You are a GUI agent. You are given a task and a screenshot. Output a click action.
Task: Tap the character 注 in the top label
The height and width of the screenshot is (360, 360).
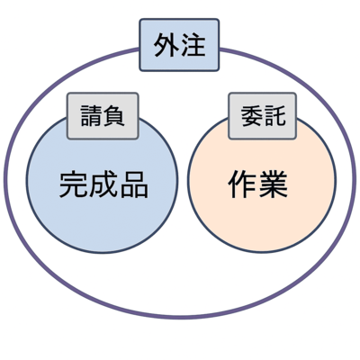click(193, 46)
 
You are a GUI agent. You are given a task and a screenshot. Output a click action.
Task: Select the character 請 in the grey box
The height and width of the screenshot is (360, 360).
click(92, 116)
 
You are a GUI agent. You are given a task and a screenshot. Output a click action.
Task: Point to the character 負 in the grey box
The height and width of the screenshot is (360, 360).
click(113, 116)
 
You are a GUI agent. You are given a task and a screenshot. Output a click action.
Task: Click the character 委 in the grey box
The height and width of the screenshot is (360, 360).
click(252, 116)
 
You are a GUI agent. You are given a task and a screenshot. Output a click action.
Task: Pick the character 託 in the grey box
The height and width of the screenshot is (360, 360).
click(274, 116)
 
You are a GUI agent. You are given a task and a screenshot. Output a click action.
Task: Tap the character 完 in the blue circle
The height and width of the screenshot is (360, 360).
click(74, 184)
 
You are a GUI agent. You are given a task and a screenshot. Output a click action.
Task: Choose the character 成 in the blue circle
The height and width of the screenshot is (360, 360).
click(103, 184)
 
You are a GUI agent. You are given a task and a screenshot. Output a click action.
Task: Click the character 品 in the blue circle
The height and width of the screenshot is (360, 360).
click(134, 184)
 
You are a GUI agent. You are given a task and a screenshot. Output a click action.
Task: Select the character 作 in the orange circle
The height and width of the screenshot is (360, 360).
click(243, 184)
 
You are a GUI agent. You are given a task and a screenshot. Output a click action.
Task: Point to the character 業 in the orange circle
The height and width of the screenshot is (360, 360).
click(274, 184)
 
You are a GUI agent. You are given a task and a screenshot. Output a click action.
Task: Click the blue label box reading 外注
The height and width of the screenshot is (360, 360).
click(179, 45)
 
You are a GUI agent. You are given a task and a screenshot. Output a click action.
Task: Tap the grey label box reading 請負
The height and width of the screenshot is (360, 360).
click(103, 116)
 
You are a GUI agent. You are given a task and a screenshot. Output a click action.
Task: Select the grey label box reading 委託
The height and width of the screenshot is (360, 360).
click(263, 116)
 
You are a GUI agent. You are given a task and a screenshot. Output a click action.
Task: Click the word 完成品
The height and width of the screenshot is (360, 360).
click(103, 184)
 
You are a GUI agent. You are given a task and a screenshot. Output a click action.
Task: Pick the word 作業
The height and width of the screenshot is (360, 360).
click(258, 184)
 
